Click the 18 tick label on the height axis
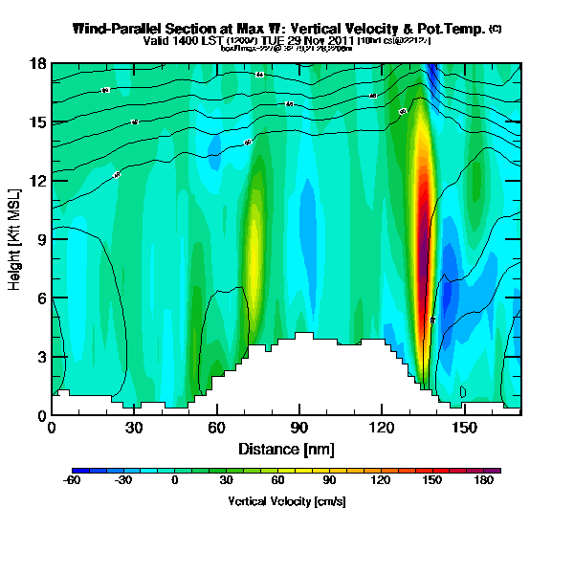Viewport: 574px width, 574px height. [x=38, y=63]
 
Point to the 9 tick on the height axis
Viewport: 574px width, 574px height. [x=41, y=239]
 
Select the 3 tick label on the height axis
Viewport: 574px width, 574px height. [x=41, y=357]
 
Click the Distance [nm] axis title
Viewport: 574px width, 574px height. [x=286, y=448]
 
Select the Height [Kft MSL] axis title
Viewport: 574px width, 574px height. [x=16, y=239]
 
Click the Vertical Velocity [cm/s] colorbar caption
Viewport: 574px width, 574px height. [x=286, y=501]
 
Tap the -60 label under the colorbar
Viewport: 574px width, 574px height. [x=72, y=481]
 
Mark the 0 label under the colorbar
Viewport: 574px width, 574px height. [x=175, y=481]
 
